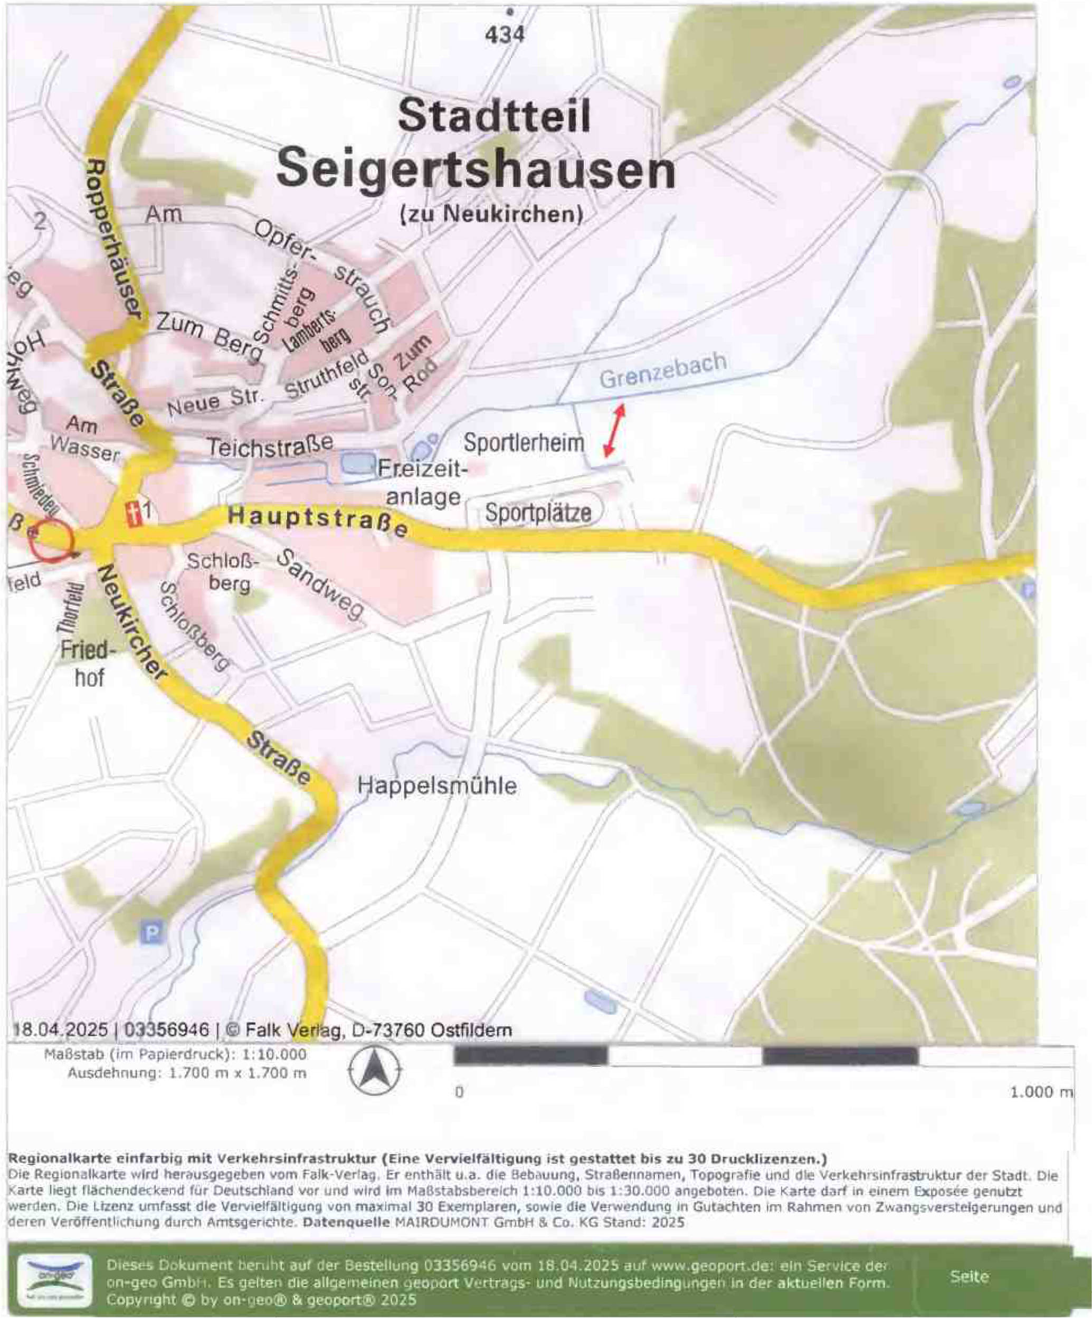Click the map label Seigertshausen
tap(476, 171)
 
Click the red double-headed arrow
tap(614, 430)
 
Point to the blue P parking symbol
tap(151, 933)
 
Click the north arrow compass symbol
tap(375, 1071)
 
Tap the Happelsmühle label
tap(437, 787)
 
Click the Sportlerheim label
tap(524, 443)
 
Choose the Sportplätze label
tap(538, 513)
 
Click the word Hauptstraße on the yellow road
tap(318, 522)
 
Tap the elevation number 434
tap(505, 35)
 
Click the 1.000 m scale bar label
tap(1040, 1093)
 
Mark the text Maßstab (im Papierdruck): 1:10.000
tap(176, 1055)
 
